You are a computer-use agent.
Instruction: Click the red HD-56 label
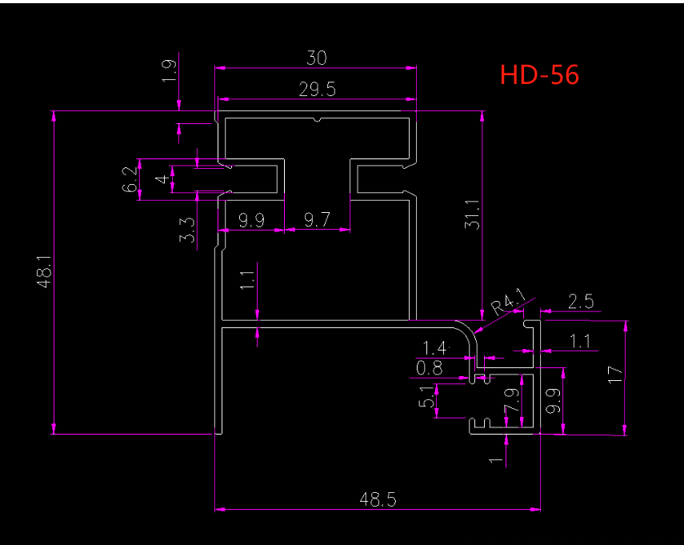[x=539, y=74]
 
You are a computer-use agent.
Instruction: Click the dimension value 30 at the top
[x=317, y=58]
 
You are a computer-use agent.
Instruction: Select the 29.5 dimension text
[x=317, y=90]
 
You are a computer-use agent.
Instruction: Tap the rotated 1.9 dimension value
[x=170, y=70]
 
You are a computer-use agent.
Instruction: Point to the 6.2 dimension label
[x=130, y=179]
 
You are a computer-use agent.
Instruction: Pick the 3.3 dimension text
[x=187, y=230]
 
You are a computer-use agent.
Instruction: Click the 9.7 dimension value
[x=317, y=219]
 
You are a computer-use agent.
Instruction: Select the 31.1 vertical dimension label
[x=472, y=214]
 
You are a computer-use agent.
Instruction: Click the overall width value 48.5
[x=378, y=499]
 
